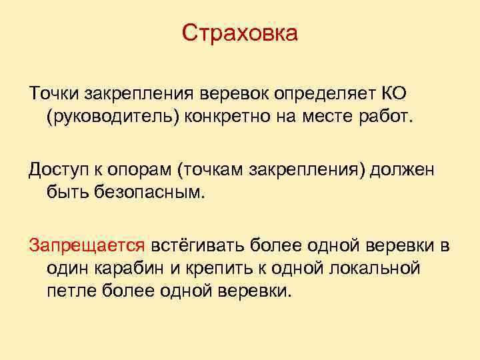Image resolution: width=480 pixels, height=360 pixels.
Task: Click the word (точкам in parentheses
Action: click(210, 169)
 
